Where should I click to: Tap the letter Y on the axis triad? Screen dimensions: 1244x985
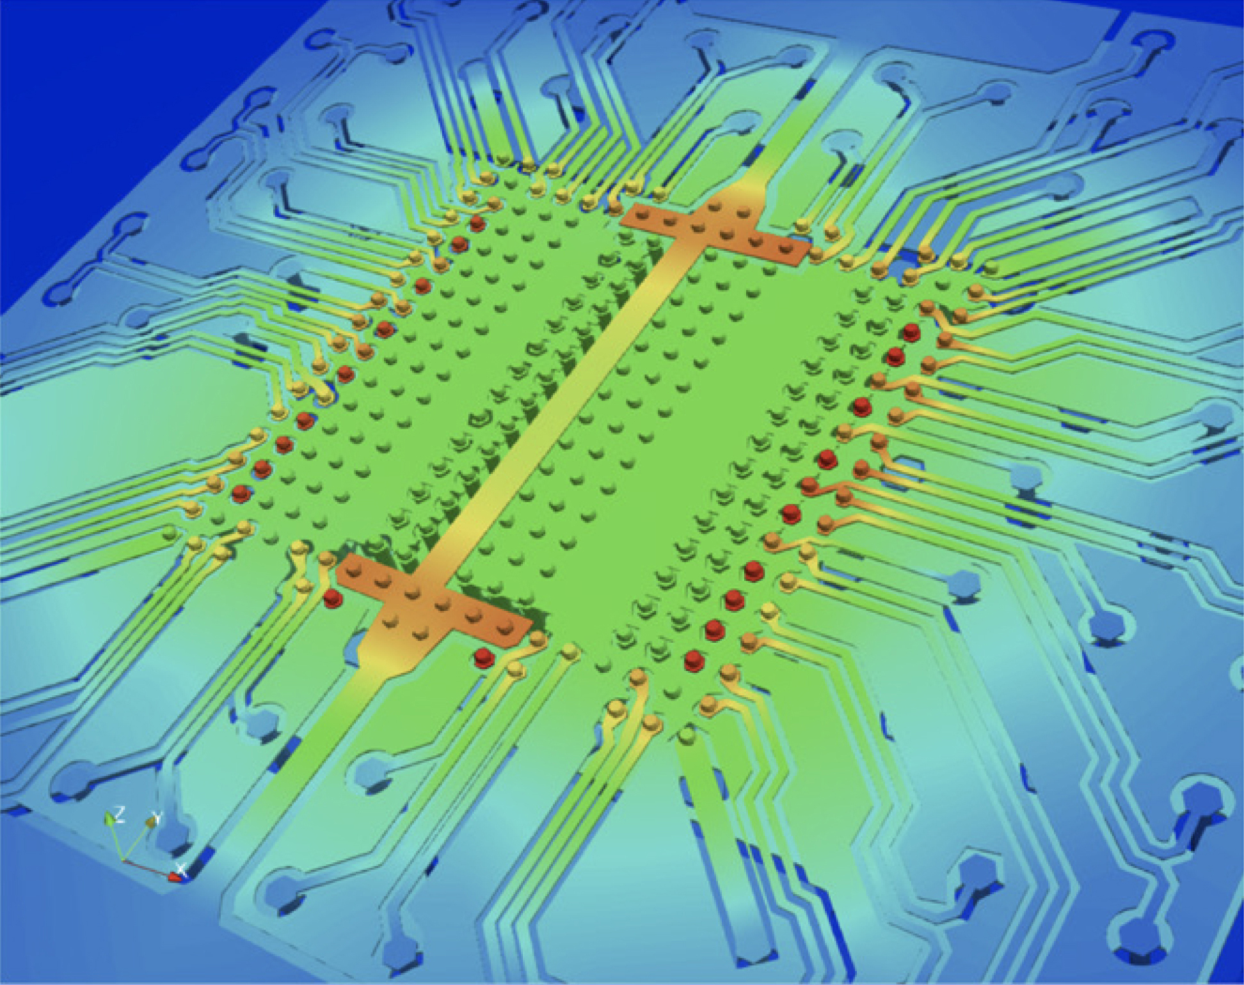click(155, 817)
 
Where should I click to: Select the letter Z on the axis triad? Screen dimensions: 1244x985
click(119, 814)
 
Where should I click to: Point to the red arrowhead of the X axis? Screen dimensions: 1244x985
click(174, 876)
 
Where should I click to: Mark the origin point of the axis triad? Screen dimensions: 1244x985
click(124, 860)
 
